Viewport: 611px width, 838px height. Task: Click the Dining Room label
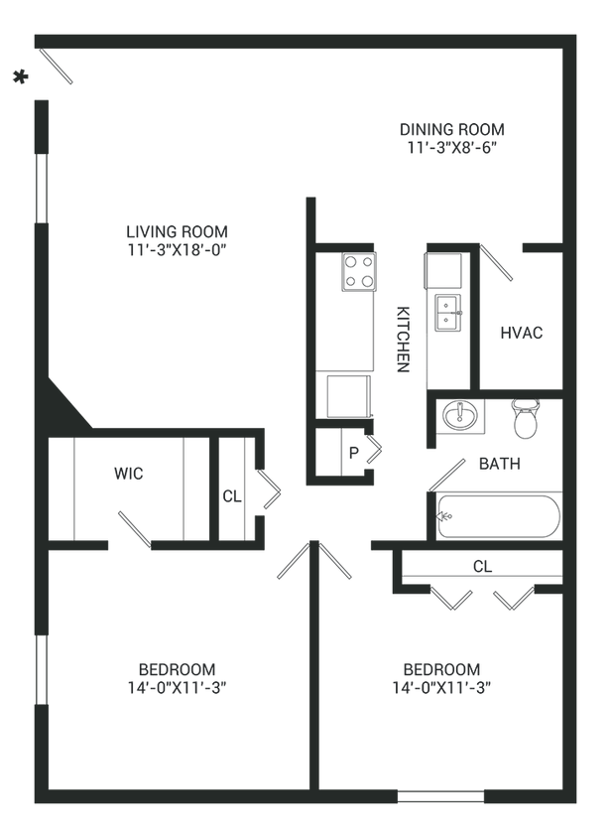pos(451,130)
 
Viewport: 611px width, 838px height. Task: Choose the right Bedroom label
pos(441,668)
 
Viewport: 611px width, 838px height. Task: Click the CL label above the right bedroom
pos(481,566)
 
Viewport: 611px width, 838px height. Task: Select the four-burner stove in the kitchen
pos(358,271)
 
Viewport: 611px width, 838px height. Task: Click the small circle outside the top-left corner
pos(17,75)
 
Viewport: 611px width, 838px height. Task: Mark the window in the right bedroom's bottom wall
pos(440,795)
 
